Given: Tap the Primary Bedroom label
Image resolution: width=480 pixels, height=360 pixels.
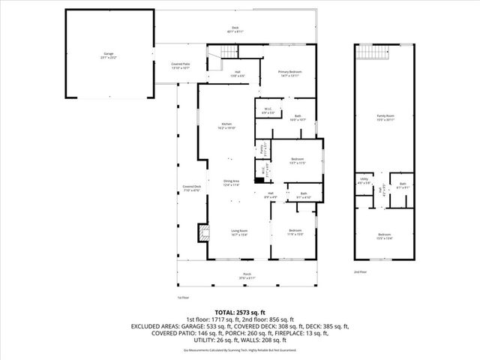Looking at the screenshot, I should (289, 72).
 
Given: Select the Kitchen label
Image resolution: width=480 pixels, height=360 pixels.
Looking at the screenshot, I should (226, 124).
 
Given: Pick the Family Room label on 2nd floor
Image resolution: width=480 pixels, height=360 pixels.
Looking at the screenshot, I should (385, 116).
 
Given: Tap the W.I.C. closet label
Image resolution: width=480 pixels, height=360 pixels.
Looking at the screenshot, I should (267, 111).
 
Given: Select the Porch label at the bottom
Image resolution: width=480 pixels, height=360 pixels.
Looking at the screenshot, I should (247, 273).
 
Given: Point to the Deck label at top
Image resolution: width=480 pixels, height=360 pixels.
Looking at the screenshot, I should (235, 28).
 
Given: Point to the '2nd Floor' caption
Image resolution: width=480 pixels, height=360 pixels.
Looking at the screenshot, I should (361, 271).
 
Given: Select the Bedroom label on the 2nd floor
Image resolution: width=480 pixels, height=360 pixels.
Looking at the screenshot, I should (385, 235).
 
